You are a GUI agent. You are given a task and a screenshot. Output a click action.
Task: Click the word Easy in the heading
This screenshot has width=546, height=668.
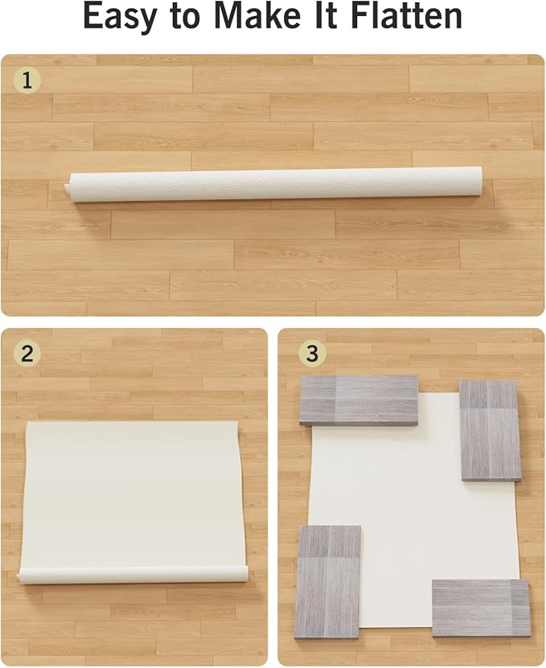[x=123, y=18]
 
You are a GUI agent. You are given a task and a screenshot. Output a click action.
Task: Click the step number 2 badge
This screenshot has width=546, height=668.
[x=28, y=354]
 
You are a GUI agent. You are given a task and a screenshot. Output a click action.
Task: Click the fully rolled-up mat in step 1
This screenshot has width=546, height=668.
[x=273, y=184]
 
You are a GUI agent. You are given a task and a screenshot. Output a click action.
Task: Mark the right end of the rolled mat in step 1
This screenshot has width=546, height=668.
[x=477, y=178]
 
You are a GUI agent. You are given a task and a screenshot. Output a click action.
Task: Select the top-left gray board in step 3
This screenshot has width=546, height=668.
[x=359, y=400]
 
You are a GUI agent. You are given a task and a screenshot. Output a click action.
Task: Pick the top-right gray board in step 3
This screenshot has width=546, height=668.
[x=490, y=430]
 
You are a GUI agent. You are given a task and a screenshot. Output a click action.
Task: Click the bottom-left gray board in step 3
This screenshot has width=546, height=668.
[x=328, y=580]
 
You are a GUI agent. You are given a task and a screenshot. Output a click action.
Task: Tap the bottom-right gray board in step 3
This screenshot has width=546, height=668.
[x=481, y=607]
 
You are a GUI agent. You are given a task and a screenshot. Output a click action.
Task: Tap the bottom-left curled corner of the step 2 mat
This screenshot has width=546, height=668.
[x=26, y=576]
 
